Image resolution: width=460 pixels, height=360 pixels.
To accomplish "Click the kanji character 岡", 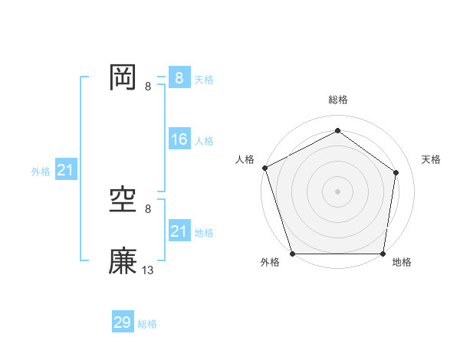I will tap(123, 77).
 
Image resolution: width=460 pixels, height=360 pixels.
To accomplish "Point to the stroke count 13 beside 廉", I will tap(148, 270).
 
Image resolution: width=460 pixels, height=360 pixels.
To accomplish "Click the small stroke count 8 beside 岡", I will tap(148, 86).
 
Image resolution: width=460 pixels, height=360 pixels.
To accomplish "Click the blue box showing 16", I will tap(179, 139).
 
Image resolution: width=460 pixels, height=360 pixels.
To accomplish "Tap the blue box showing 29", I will tap(123, 322).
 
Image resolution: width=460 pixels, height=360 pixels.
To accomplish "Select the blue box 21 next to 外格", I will tap(65, 170).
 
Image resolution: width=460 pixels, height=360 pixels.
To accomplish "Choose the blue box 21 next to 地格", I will tap(179, 231).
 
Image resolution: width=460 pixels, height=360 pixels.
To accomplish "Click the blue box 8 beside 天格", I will tap(179, 77).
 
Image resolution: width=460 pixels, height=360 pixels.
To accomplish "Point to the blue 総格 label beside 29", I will tap(147, 324).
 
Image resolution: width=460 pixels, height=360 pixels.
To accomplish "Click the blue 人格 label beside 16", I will tap(204, 141).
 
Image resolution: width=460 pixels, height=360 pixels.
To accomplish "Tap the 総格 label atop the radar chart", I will tap(338, 100).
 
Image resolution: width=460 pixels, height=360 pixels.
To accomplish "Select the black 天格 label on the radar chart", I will tap(432, 159).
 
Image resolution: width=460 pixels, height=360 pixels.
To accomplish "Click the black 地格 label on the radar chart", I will tap(402, 263).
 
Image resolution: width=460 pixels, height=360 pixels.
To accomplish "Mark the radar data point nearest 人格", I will tap(265, 168).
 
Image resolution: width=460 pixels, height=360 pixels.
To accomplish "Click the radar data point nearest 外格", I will tap(293, 254).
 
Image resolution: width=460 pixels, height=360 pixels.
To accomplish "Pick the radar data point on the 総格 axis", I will tap(337, 131).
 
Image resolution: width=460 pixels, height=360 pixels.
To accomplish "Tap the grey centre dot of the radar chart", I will tap(337, 191).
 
